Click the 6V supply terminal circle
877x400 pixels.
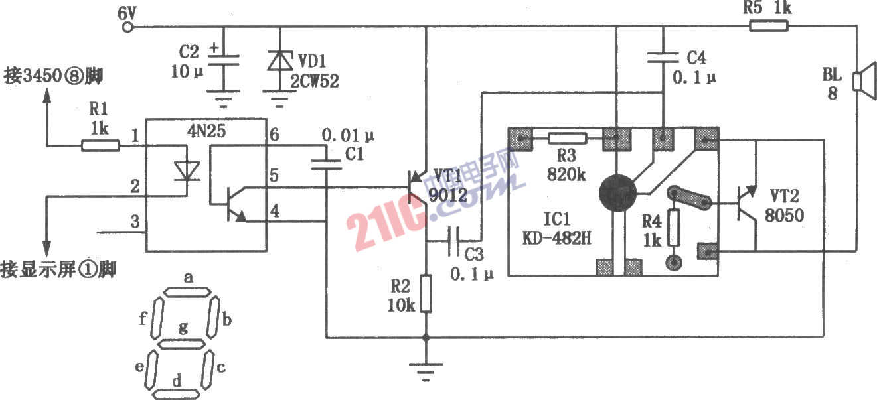pos(127,27)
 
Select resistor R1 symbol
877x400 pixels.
pos(101,145)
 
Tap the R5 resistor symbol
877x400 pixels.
pos(769,26)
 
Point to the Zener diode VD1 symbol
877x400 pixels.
pos(279,62)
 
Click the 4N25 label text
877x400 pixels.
pos(206,131)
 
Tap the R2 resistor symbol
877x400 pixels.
pos(426,294)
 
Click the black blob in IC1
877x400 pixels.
pos(618,193)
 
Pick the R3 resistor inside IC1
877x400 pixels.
pos(568,138)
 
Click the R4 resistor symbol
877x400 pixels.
pos(673,228)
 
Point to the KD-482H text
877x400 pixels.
pos(557,237)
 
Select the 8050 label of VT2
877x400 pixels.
pos(784,215)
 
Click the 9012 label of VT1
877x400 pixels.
pos(448,194)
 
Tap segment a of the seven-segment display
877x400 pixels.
pos(187,292)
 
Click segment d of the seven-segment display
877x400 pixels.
pos(176,394)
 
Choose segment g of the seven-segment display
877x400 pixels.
pos(181,344)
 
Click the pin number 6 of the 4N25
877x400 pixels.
pos(274,135)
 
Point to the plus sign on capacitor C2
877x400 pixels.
pos(214,48)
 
